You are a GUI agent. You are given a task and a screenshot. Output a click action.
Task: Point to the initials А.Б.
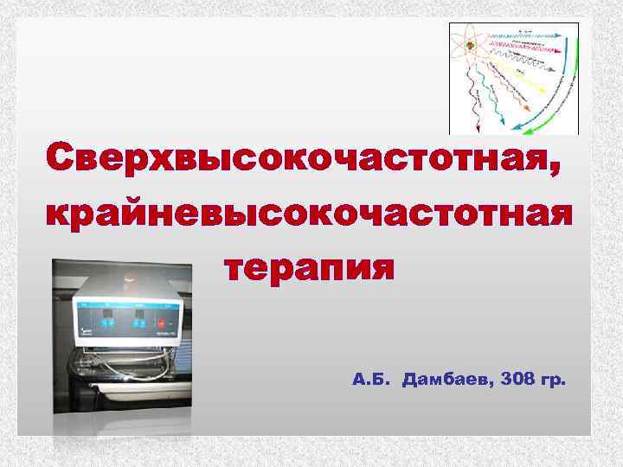click(x=373, y=379)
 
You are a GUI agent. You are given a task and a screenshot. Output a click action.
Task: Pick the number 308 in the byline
click(x=516, y=379)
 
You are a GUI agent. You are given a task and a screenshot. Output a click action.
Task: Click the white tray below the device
click(x=130, y=368)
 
